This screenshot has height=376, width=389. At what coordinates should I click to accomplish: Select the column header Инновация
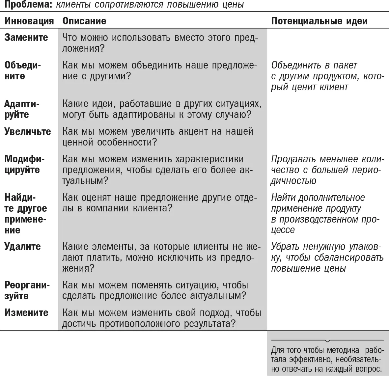click(29, 21)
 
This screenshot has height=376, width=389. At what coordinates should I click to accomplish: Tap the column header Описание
click(84, 21)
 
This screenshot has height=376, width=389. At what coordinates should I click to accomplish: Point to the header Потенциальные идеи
click(319, 21)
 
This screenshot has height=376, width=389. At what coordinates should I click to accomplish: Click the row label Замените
click(26, 38)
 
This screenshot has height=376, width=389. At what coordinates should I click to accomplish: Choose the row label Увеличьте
click(28, 131)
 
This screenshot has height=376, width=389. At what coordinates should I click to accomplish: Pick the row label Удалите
click(22, 247)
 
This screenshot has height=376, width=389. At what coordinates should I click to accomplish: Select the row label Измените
click(26, 312)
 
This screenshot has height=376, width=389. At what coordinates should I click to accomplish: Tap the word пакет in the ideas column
click(345, 65)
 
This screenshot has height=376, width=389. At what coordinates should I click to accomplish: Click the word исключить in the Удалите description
click(179, 257)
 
